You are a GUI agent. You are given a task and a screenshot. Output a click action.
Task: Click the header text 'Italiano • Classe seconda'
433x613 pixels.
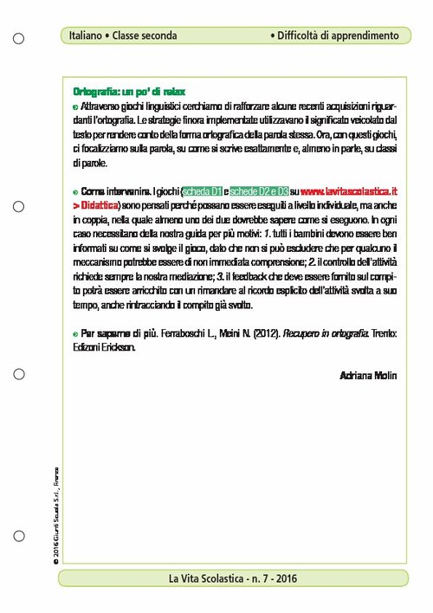(124, 36)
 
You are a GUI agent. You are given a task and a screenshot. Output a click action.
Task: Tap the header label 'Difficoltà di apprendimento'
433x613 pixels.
(334, 36)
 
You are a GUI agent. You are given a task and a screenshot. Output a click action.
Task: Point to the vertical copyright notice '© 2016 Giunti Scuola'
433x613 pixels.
(55, 502)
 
